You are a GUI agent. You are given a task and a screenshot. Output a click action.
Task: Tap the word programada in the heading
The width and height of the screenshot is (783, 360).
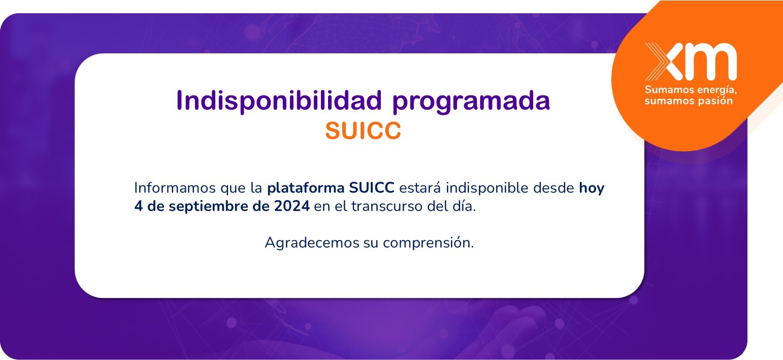coord(471,103)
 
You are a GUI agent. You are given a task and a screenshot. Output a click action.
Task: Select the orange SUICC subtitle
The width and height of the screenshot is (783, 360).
coord(363,130)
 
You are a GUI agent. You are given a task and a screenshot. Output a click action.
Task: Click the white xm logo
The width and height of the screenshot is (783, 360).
coord(691,61)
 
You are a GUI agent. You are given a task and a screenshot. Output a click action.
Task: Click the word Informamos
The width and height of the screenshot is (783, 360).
coord(175,188)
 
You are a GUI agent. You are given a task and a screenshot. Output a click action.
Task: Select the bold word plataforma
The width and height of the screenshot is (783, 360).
coord(306,188)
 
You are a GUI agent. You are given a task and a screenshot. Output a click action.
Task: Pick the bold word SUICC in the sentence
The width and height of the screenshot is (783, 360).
coord(372,188)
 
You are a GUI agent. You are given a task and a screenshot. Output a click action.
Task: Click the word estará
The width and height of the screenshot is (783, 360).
coord(420,188)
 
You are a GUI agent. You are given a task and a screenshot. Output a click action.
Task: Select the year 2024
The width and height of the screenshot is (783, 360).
coord(291,206)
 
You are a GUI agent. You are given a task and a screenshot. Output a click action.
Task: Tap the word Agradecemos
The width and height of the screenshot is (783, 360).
coord(312,243)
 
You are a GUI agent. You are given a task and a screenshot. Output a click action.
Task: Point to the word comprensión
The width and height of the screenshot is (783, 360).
coord(428,243)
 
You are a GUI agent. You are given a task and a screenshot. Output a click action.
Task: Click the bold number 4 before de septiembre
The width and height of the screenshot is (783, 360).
coord(139,206)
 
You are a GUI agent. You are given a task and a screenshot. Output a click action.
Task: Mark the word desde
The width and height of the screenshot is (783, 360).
coord(553,188)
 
